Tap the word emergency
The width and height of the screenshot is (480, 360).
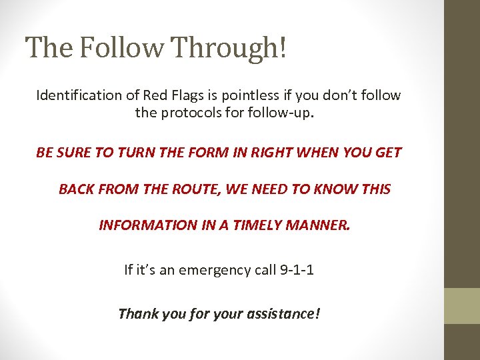pos(210,270)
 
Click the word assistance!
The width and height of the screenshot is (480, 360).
pos(284,313)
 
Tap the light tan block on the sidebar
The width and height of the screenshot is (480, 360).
pos(462,306)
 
